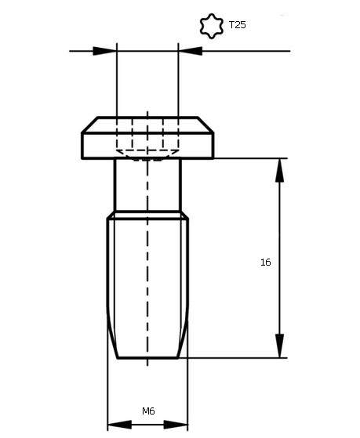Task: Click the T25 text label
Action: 237,25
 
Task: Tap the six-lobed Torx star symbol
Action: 212,26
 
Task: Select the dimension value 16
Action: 265,262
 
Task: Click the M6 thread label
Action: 148,411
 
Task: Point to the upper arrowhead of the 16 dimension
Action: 279,170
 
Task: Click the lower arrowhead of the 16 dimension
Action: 279,346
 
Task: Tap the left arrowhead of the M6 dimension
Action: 119,425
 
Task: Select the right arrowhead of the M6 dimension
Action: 176,425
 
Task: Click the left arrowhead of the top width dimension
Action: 104,51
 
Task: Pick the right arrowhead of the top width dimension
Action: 191,51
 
